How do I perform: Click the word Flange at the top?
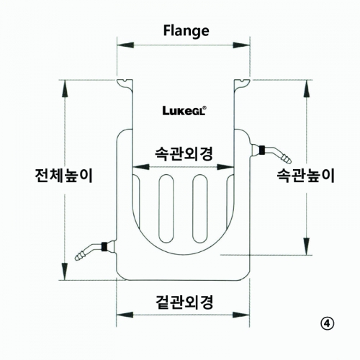coord(186,31)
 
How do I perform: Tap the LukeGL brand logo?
coord(184,111)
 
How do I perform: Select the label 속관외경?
coord(184,154)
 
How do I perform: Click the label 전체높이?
coord(63,176)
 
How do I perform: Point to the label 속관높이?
coord(305,176)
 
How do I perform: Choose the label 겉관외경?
coord(184,302)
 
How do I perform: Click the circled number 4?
coord(328,324)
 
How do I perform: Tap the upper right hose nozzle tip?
coord(289,161)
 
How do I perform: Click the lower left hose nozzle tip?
coord(78,258)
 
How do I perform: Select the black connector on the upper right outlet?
coord(262,150)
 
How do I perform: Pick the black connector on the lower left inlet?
coord(104,246)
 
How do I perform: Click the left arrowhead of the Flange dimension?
coord(125,45)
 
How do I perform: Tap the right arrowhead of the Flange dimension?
coord(241,45)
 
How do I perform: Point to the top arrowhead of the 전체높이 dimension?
coord(65,89)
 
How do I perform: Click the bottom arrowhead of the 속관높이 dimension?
coord(307,246)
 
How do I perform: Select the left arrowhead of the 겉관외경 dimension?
coord(125,315)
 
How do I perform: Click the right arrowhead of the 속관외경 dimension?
coord(225,167)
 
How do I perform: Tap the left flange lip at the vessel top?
coord(125,85)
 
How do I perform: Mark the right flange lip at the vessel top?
coord(242,85)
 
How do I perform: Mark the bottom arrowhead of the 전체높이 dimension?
coord(65,271)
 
